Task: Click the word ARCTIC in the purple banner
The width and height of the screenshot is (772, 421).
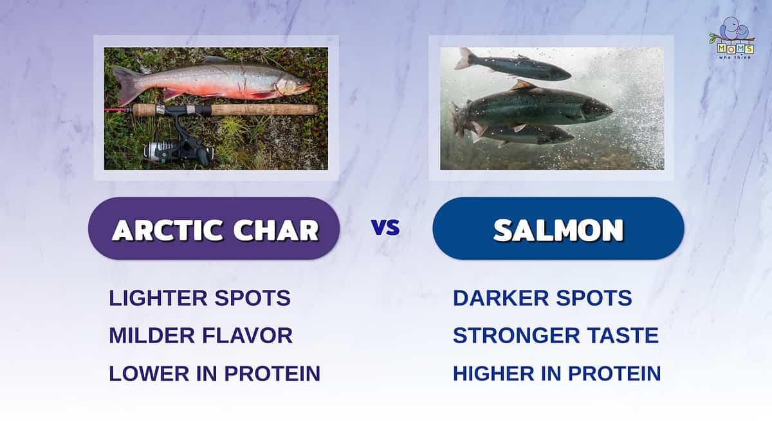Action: click(x=168, y=230)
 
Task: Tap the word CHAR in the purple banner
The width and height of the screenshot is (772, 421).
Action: click(x=276, y=230)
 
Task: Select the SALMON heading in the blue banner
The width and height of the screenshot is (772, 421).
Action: click(x=558, y=230)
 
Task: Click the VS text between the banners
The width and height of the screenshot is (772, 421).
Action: click(x=386, y=228)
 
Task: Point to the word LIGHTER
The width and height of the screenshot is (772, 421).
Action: click(x=158, y=298)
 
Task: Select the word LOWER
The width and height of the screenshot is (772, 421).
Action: click(x=149, y=373)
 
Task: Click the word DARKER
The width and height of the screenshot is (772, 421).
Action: click(x=501, y=298)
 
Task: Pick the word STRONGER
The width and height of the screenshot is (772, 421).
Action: click(x=516, y=336)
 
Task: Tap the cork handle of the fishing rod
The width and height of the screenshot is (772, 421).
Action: click(x=264, y=110)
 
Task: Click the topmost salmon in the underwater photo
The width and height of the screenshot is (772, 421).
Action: click(x=513, y=66)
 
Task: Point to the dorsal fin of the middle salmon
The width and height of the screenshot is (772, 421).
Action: click(x=523, y=85)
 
